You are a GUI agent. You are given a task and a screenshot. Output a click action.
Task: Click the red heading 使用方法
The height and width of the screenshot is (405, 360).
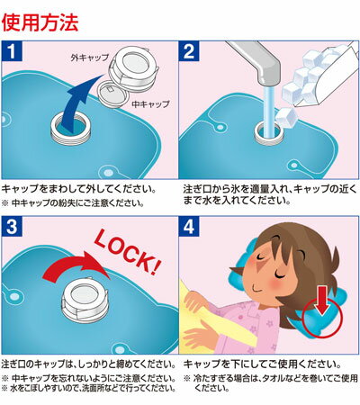[40, 22]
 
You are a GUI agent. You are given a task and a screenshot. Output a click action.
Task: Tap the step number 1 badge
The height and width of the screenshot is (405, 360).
[12, 51]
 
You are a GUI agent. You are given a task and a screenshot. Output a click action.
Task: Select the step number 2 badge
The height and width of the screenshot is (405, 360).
[189, 51]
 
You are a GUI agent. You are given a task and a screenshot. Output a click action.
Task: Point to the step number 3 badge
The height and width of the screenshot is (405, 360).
[12, 227]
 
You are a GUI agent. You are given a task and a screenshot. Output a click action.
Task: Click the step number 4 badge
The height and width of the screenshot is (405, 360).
[189, 227]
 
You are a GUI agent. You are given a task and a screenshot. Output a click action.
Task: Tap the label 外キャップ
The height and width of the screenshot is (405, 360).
[90, 58]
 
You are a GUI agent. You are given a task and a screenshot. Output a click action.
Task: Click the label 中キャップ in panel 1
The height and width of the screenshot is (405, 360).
[151, 103]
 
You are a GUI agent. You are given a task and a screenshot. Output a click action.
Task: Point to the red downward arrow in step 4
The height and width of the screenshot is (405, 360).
[321, 301]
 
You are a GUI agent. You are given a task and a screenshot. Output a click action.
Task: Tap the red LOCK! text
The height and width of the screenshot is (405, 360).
[128, 251]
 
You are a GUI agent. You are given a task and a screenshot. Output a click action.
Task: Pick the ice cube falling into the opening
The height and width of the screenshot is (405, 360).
[285, 117]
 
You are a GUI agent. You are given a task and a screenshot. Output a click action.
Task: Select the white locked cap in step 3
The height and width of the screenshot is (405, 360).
[85, 301]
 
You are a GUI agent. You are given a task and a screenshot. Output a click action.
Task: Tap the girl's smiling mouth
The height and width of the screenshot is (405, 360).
[258, 289]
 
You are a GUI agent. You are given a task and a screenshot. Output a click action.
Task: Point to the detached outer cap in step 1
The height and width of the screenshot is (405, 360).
[134, 69]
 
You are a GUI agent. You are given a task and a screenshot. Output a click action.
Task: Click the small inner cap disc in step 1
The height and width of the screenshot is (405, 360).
[113, 94]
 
